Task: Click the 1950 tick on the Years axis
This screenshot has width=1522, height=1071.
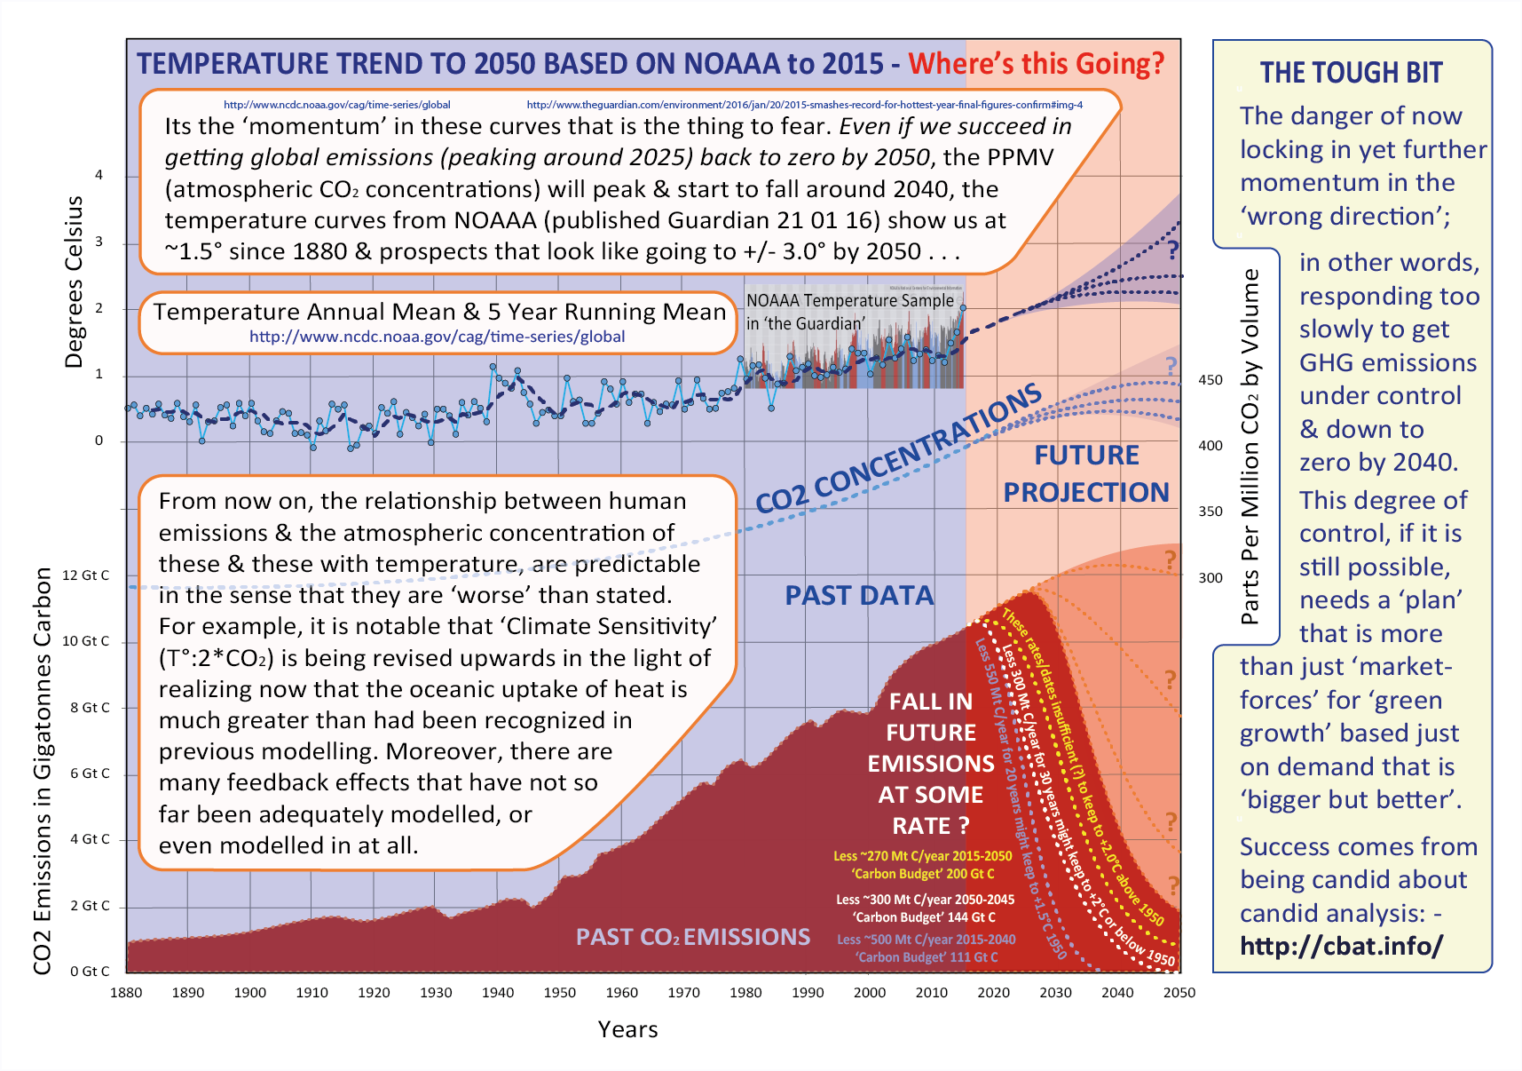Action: click(559, 993)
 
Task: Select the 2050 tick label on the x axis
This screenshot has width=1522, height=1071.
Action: click(1179, 993)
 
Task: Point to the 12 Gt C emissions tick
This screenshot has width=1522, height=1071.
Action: click(85, 575)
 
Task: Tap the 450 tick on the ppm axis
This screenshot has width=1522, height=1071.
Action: click(1211, 380)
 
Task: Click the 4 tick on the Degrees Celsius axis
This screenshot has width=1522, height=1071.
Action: click(99, 175)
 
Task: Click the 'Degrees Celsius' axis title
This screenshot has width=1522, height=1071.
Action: click(74, 282)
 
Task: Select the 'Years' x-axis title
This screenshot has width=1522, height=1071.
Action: click(627, 1029)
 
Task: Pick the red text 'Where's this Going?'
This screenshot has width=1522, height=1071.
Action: click(1036, 64)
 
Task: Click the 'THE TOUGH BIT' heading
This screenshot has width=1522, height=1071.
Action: click(1351, 73)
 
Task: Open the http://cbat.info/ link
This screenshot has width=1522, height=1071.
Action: click(1341, 946)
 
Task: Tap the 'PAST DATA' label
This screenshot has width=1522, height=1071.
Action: click(859, 596)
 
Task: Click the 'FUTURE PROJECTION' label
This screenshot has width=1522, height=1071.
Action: click(1086, 474)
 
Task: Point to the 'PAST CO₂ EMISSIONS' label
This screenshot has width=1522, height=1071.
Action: click(692, 937)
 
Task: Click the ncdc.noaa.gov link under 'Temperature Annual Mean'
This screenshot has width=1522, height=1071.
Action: click(437, 337)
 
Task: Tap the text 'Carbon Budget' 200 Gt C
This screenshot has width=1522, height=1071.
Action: click(923, 875)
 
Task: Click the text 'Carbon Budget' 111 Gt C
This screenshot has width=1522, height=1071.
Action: click(927, 957)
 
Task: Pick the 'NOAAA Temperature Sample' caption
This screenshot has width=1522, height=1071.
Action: click(849, 301)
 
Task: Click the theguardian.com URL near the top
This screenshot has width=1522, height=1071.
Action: click(804, 105)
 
